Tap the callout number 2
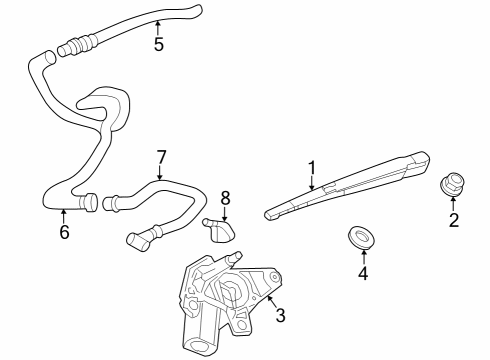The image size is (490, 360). click(x=453, y=221)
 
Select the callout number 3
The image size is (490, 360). click(x=281, y=316)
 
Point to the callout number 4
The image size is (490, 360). click(x=363, y=272)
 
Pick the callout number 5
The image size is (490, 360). click(x=158, y=44)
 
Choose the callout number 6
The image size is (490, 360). click(x=64, y=232)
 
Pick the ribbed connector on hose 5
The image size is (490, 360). click(x=76, y=45)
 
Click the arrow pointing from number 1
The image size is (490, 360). click(x=312, y=181)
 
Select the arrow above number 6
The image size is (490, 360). click(x=63, y=214)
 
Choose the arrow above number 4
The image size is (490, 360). click(x=363, y=254)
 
